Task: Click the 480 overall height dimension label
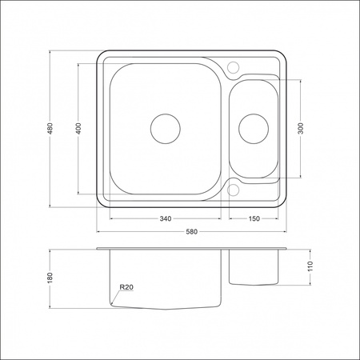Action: [50, 128]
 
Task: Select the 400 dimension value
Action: [78, 128]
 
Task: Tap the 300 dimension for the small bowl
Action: [301, 128]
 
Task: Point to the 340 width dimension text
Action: [166, 218]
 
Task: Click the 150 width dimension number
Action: [254, 218]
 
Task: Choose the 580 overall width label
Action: [191, 232]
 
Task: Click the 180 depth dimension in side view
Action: [50, 278]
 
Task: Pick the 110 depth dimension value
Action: [310, 266]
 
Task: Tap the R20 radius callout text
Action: [126, 287]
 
